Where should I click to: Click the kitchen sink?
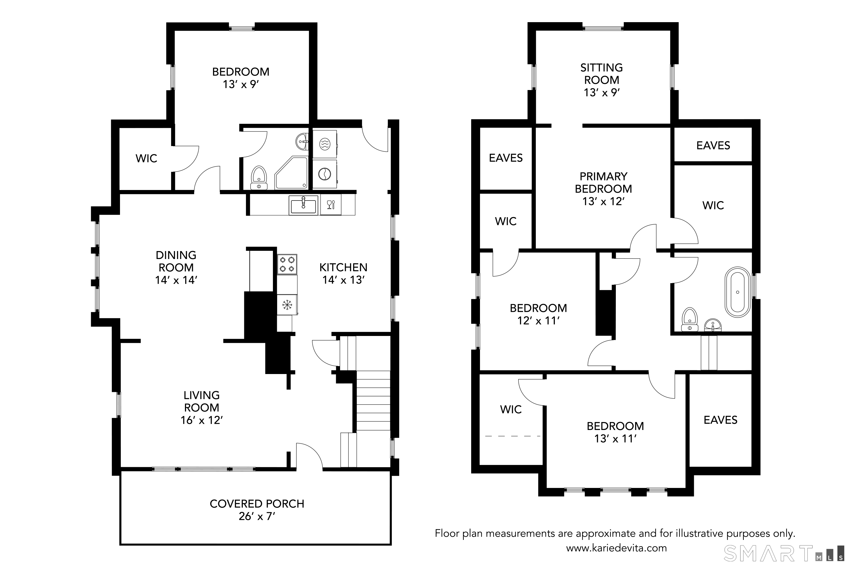(x=303, y=205)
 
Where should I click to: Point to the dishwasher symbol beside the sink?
(x=331, y=205)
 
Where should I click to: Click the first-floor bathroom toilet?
(x=259, y=177)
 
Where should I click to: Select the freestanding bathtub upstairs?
(x=737, y=292)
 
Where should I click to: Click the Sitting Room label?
(x=602, y=74)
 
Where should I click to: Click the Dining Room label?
(x=176, y=261)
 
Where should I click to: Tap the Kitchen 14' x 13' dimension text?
(x=343, y=280)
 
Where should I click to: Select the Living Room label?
(x=201, y=401)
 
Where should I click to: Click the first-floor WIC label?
(x=146, y=158)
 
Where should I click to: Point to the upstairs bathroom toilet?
(x=690, y=319)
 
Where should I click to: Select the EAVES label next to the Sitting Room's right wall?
(x=713, y=145)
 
